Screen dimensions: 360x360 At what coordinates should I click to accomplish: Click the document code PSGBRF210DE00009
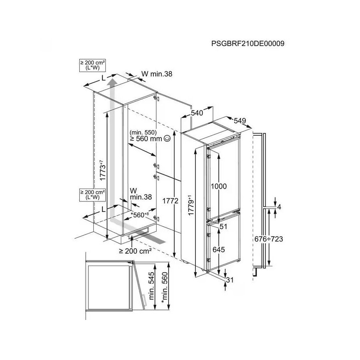coord(247,44)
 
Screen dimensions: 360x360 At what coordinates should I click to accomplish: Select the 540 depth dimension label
coord(197,113)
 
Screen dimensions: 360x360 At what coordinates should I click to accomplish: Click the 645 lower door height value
coord(219,249)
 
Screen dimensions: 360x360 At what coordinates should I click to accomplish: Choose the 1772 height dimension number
coord(171,202)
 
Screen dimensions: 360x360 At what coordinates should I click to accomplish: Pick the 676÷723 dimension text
coord(269,239)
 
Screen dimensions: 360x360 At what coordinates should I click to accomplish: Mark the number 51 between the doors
coord(223,227)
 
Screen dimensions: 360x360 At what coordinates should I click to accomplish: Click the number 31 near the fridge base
coord(229,280)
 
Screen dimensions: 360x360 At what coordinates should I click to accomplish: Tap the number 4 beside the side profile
coord(279,207)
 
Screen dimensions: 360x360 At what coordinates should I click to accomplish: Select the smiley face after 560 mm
coord(167,139)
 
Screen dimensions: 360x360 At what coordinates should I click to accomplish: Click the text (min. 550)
coord(143,132)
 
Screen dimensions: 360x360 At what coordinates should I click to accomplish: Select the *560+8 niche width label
coord(140,215)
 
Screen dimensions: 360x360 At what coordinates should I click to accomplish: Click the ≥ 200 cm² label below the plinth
coord(135,251)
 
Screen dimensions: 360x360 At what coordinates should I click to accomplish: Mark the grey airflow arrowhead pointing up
coord(113,82)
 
